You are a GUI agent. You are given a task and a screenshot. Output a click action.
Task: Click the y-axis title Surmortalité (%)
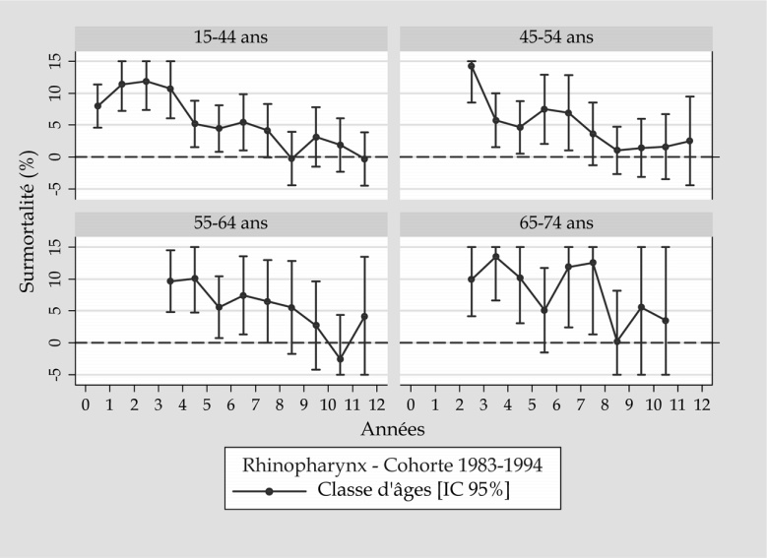(x=29, y=216)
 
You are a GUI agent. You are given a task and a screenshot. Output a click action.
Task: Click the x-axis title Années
(x=393, y=428)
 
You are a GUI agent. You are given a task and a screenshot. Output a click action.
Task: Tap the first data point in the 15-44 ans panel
(x=97, y=106)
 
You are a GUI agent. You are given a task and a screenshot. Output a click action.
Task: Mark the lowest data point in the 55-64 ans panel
(x=340, y=359)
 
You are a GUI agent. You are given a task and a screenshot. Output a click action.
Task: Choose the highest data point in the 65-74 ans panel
(x=495, y=257)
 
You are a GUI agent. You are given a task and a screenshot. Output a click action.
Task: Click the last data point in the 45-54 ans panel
(x=689, y=141)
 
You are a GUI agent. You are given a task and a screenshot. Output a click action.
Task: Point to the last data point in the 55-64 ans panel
(x=364, y=316)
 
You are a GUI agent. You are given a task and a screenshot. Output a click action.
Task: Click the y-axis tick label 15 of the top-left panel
(x=56, y=60)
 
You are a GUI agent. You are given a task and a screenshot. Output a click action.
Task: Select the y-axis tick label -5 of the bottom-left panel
(x=56, y=375)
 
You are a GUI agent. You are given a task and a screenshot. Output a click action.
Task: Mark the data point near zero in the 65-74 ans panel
(x=617, y=341)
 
